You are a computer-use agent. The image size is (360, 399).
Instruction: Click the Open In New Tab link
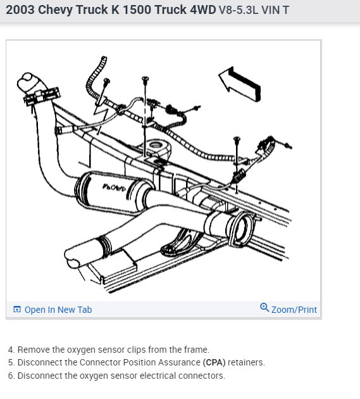58,310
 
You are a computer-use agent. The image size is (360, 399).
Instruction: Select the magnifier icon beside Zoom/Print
264,308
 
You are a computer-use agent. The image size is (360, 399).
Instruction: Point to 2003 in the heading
20,11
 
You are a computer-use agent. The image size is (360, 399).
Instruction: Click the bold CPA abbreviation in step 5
214,363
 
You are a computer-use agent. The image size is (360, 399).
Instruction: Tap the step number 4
11,350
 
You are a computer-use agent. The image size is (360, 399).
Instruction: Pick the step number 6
11,376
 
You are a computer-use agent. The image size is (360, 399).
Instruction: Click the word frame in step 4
195,350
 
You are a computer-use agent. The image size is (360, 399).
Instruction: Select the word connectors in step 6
203,376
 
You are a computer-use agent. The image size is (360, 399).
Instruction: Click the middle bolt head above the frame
146,79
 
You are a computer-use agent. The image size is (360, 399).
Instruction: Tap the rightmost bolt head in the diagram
237,138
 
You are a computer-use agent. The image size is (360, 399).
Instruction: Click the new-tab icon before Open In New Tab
17,310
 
